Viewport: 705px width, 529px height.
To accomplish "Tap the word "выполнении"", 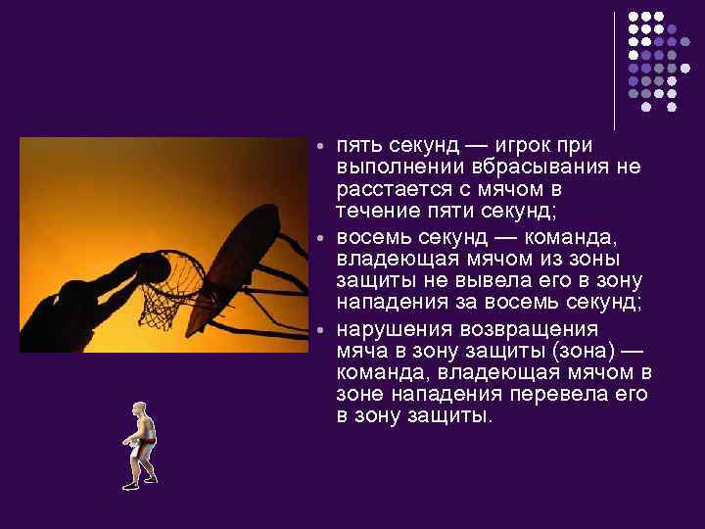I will point(396,168).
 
